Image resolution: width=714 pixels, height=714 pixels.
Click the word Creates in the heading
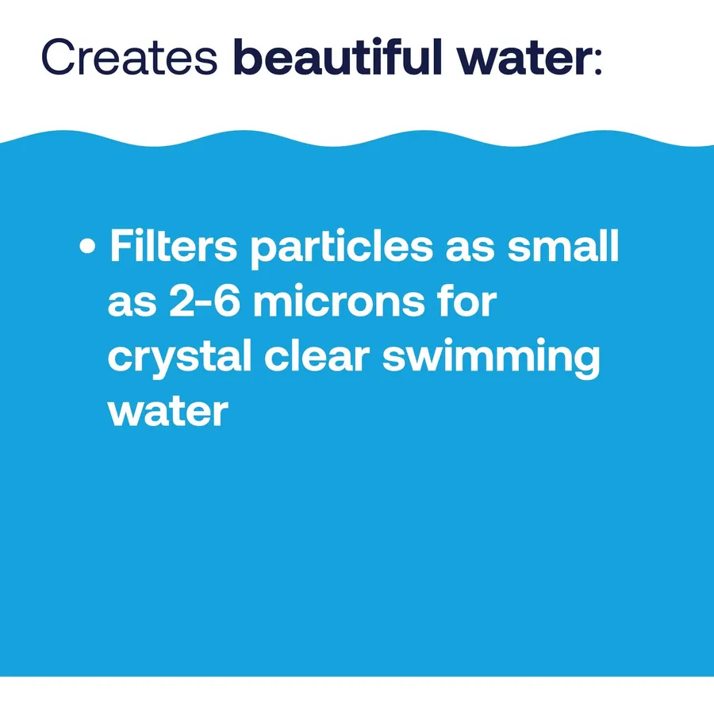(129, 57)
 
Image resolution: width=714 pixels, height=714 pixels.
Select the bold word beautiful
(337, 56)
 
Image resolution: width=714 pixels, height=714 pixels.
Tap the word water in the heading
(523, 59)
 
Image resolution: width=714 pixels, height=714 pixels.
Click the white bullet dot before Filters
(87, 247)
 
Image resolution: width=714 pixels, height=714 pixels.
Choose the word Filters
(174, 245)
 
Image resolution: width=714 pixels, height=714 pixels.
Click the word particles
(342, 248)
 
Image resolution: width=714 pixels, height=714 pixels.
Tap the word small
(563, 245)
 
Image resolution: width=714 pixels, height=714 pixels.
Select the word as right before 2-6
(132, 305)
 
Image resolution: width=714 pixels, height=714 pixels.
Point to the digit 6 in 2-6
(226, 300)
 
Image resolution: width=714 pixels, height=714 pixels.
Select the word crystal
(179, 358)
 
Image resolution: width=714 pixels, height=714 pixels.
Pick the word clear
(317, 355)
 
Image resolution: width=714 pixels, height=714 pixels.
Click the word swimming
(491, 359)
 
